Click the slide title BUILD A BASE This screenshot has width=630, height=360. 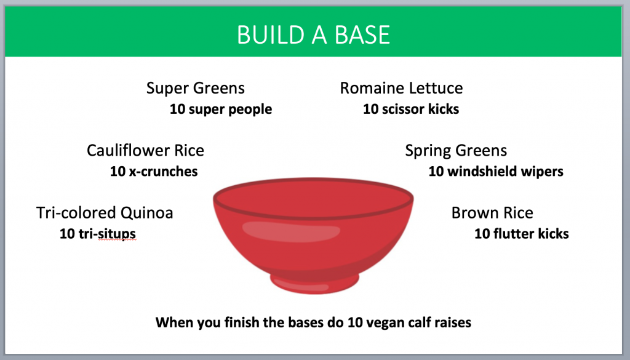313,34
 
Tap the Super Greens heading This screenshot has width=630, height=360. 195,88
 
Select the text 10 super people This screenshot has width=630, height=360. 220,110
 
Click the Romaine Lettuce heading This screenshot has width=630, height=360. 401,88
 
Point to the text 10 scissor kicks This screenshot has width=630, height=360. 410,110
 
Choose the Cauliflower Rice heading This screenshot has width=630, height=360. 145,150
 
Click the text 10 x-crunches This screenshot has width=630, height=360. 154,172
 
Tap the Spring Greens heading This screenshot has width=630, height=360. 456,150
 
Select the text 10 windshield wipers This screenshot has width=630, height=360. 495,172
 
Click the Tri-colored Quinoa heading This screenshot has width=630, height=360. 105,213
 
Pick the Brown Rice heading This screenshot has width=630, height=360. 492,213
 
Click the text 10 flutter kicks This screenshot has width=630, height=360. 521,234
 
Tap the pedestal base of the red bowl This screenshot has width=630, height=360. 315,282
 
